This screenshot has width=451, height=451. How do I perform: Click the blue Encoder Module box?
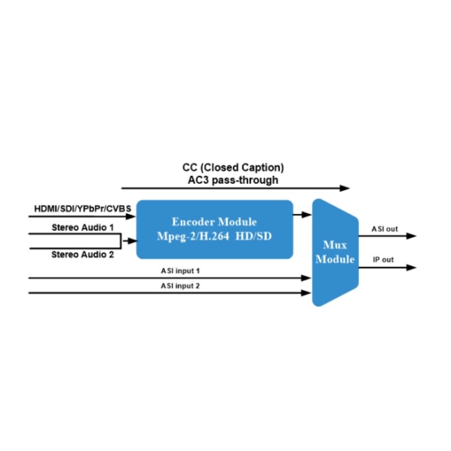[x=215, y=229]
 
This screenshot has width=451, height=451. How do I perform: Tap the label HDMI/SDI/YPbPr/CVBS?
[x=83, y=209]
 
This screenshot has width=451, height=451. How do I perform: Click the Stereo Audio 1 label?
[x=83, y=228]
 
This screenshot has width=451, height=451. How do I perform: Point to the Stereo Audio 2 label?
[x=83, y=254]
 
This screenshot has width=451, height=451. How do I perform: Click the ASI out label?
[x=385, y=229]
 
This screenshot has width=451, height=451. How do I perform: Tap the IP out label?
[x=383, y=260]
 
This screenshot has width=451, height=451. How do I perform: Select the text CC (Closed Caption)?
[x=233, y=168]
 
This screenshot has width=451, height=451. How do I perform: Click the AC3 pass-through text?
[x=233, y=180]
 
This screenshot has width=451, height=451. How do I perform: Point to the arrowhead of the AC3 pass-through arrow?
[x=346, y=188]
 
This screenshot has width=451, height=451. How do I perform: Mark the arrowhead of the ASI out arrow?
[x=412, y=236]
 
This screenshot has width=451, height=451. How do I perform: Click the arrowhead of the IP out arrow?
[x=412, y=267]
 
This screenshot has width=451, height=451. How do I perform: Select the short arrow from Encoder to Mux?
[x=303, y=214]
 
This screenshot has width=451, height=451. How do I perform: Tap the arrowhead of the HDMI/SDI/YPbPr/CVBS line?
[x=133, y=215]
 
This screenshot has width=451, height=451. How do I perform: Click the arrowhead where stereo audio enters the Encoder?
[x=133, y=241]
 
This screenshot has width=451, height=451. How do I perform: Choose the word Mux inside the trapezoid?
[x=335, y=245]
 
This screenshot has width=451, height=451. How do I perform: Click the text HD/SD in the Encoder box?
[x=256, y=236]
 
